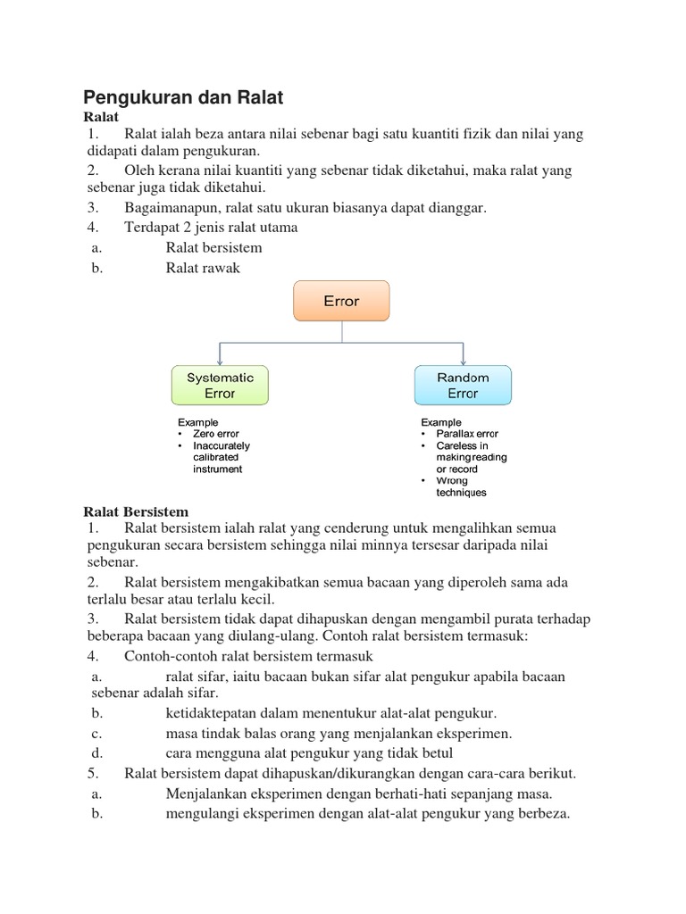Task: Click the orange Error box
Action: tap(341, 301)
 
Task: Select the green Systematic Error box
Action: tap(220, 385)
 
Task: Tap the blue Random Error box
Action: tap(463, 385)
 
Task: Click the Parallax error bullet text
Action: tap(467, 434)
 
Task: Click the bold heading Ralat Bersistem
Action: tap(136, 511)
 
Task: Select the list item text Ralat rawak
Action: tap(203, 268)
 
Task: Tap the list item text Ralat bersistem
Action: tap(213, 247)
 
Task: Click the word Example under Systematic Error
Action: tap(197, 422)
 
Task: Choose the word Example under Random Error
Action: tap(441, 422)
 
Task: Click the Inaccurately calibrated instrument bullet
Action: tap(222, 457)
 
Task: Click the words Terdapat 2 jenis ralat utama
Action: tap(211, 227)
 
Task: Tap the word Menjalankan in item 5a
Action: tap(206, 794)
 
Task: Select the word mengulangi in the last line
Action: tap(202, 813)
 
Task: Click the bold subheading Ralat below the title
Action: tap(101, 116)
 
